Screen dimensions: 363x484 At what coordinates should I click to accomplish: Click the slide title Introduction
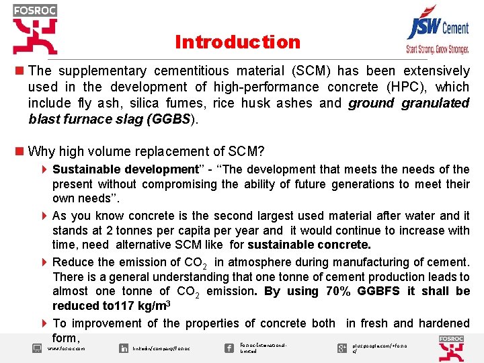[x=237, y=42]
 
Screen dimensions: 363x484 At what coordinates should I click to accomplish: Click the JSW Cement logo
[x=438, y=27]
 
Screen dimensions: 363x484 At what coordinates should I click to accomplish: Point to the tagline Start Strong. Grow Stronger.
[x=437, y=49]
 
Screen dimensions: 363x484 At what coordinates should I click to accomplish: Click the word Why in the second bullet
[x=42, y=151]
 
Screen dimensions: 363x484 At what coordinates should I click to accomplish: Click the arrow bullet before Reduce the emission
[x=44, y=262]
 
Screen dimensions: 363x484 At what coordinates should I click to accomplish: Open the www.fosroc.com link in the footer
[x=66, y=349]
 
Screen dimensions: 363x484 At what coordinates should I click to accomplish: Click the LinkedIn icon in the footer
[x=124, y=348]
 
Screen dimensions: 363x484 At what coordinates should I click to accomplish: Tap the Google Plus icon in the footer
[x=341, y=348]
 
